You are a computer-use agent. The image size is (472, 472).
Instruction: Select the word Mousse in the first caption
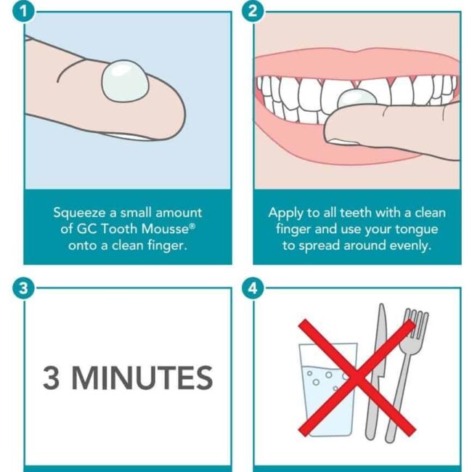click(163, 229)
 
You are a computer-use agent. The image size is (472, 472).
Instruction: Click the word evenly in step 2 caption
click(410, 245)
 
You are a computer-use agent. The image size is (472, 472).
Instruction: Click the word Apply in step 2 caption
click(285, 213)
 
